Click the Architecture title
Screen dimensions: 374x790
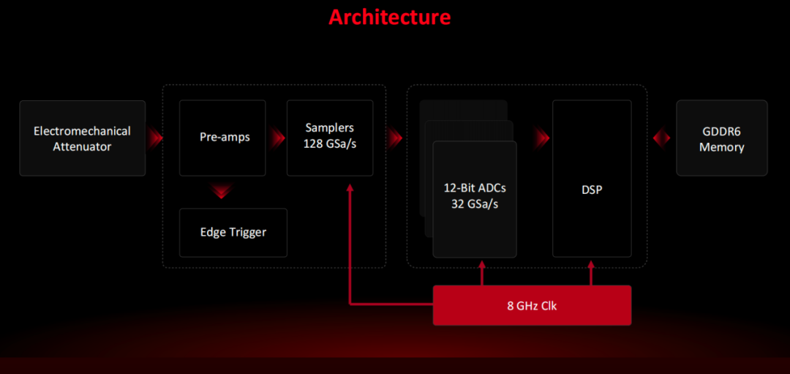click(x=389, y=17)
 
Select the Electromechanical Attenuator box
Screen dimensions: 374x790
click(x=82, y=138)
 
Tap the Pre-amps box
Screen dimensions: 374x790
click(x=222, y=138)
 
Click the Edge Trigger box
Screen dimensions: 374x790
click(x=233, y=232)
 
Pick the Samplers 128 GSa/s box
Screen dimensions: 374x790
click(x=329, y=138)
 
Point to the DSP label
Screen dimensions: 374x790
click(x=592, y=190)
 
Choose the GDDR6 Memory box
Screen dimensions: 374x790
click(x=721, y=138)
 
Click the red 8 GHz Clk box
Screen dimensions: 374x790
click(x=532, y=305)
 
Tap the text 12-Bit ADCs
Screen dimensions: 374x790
click(x=475, y=187)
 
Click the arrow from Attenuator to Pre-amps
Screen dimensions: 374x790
click(x=154, y=138)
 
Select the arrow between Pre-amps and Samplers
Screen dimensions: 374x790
click(x=276, y=138)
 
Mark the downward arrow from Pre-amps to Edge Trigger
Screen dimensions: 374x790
click(x=222, y=192)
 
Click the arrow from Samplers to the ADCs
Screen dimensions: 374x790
click(x=395, y=138)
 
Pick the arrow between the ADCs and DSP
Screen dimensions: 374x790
click(x=541, y=138)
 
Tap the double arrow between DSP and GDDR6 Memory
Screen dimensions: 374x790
click(x=661, y=138)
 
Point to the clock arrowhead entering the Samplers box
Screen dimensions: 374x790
click(x=350, y=189)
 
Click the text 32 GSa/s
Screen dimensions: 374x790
click(x=475, y=203)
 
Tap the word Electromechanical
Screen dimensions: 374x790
click(x=82, y=131)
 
